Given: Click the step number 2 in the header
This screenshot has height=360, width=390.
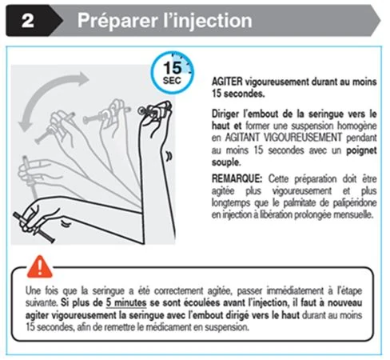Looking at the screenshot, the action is tap(28, 21).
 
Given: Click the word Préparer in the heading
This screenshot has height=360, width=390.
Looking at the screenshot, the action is tap(117, 21).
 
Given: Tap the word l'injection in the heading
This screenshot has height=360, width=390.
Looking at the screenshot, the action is tap(207, 20).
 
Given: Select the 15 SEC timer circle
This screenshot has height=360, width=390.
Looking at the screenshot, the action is tap(173, 72).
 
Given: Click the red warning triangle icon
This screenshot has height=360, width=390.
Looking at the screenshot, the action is tap(40, 266).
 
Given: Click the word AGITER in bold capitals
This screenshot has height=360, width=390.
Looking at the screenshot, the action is tap(227, 82).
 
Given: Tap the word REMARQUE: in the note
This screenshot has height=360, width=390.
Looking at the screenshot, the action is tap(237, 178).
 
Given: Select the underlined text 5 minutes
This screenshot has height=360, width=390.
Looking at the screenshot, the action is tap(126, 303).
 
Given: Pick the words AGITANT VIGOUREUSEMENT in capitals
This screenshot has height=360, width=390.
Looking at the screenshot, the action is tap(283, 138).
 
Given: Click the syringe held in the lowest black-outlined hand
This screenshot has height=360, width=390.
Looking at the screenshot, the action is tap(34, 227).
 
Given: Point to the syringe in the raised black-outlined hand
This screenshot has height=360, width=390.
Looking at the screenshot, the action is tap(154, 110).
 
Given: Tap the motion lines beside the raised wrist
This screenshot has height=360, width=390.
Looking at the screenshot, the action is tap(169, 156).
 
